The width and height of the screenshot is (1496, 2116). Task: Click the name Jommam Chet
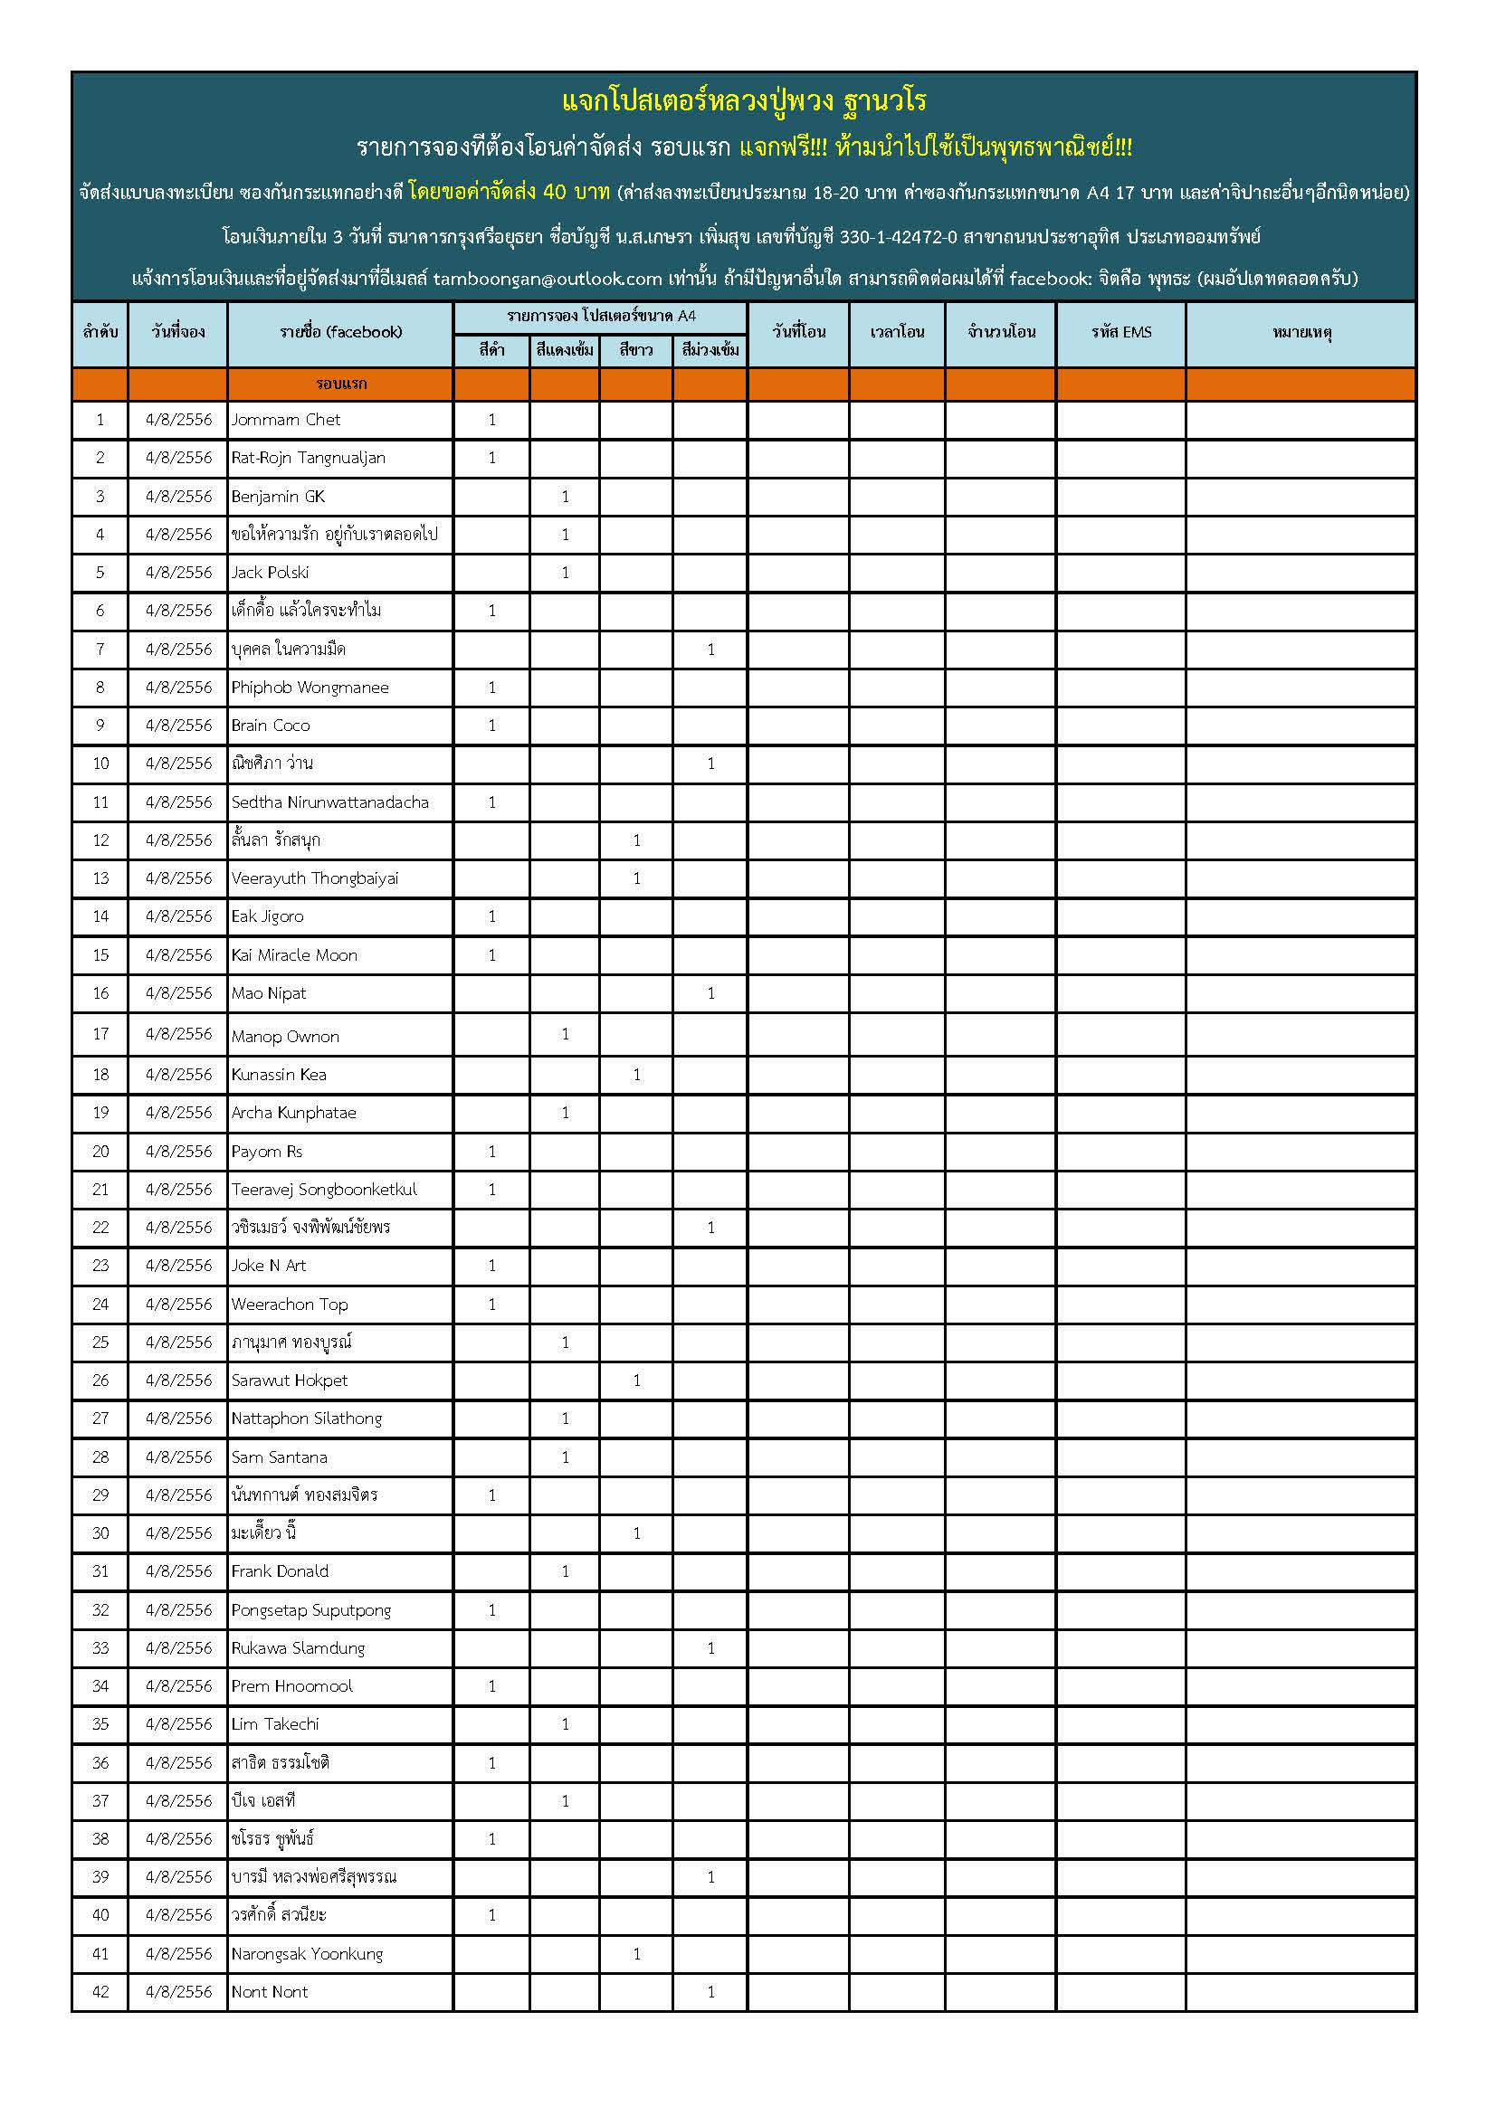click(286, 421)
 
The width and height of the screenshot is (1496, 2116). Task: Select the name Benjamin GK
click(279, 497)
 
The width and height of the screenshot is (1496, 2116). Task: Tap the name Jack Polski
click(270, 573)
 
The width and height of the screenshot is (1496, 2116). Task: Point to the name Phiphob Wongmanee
click(310, 688)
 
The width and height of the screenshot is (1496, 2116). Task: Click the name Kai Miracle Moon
click(294, 955)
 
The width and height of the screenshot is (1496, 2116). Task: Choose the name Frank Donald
click(281, 1571)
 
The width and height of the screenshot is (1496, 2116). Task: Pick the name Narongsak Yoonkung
click(307, 1954)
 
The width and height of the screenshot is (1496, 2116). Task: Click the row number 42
click(100, 1991)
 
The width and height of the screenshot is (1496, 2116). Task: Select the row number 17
click(100, 1034)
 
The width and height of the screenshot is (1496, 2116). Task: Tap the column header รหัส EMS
click(1120, 333)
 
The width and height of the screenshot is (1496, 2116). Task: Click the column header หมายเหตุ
click(1301, 333)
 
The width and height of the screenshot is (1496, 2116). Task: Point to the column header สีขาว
click(636, 350)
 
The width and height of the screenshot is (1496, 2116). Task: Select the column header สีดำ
click(491, 350)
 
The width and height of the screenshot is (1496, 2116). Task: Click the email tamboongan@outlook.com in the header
click(548, 279)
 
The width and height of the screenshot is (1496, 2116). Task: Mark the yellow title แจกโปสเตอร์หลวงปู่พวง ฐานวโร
click(744, 100)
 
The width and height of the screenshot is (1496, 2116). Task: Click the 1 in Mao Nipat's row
click(710, 993)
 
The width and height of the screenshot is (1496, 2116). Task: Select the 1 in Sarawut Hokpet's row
click(636, 1381)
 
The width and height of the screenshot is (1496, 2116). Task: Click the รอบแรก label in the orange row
click(341, 384)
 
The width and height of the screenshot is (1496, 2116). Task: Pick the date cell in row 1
click(179, 421)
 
